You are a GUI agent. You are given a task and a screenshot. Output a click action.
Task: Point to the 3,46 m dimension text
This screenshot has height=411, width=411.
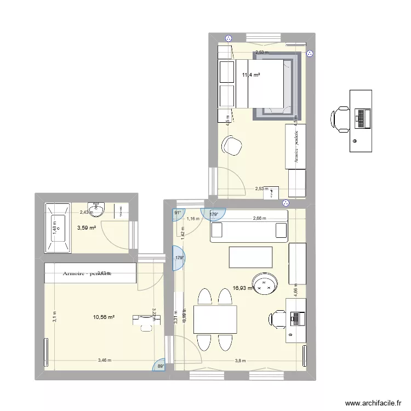104,360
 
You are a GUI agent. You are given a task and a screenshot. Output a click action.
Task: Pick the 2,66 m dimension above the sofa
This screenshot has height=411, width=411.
259,218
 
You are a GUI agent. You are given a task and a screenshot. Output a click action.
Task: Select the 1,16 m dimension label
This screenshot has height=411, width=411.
192,219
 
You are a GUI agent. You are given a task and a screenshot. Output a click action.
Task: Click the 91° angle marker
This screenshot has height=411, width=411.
178,214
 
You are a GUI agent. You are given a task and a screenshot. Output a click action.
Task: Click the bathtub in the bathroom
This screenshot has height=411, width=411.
57,228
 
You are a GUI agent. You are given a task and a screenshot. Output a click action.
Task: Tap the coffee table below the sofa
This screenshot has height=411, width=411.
250,256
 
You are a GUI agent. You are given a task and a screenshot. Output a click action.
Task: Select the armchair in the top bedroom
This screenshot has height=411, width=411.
232,146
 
